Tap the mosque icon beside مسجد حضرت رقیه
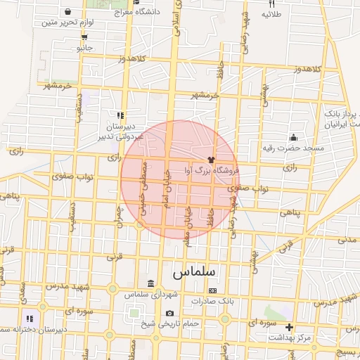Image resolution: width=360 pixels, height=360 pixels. [292, 137]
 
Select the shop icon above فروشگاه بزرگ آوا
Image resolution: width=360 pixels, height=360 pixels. [210, 160]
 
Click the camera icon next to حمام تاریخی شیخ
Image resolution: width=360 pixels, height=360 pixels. [169, 313]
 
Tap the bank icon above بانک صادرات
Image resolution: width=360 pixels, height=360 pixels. [212, 290]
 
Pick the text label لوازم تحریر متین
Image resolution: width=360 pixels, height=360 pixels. [68, 22]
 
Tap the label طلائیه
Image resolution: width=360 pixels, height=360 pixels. [272, 14]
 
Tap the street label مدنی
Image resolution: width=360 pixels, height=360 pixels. [347, 239]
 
